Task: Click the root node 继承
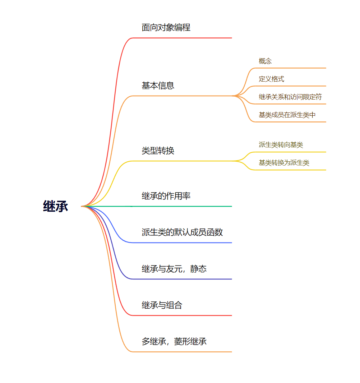(x=56, y=207)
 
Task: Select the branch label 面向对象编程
(x=166, y=27)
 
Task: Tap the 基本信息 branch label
(x=158, y=86)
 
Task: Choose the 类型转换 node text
(x=158, y=151)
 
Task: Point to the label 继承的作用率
(x=166, y=196)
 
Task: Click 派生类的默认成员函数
(x=182, y=232)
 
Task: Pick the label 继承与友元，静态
(x=174, y=269)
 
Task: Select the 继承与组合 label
(x=162, y=305)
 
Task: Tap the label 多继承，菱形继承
(x=174, y=341)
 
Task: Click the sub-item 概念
(x=265, y=61)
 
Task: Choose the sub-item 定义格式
(x=271, y=79)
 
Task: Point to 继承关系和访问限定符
(x=290, y=97)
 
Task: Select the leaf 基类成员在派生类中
(x=287, y=115)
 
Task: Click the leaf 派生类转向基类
(x=281, y=145)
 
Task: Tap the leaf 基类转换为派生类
(x=284, y=163)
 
